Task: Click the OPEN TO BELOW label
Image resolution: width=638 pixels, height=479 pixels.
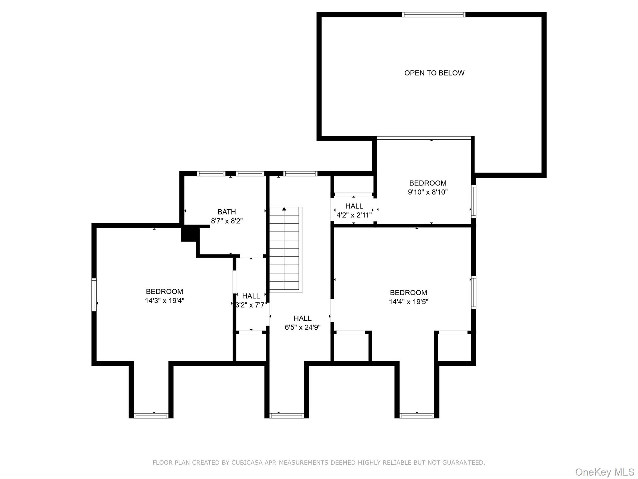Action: tap(434, 73)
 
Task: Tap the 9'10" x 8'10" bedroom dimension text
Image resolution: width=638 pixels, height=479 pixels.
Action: tap(428, 192)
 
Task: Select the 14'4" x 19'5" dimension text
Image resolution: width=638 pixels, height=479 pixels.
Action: tap(408, 302)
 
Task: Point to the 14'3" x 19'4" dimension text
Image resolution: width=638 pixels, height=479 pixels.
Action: tap(164, 301)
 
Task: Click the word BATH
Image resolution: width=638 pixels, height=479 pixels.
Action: tap(226, 212)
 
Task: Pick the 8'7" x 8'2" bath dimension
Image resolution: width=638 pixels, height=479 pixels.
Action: tap(226, 221)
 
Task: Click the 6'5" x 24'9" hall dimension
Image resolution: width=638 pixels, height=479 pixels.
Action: tap(302, 327)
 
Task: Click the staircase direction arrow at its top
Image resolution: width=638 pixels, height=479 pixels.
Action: tap(284, 209)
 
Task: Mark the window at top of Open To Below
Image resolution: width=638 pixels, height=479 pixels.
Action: tap(433, 15)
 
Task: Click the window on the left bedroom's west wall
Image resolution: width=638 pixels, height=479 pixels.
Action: tap(94, 294)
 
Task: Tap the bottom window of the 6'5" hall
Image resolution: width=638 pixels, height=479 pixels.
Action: tap(287, 415)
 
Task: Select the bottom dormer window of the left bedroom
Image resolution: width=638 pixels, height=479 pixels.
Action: tap(151, 415)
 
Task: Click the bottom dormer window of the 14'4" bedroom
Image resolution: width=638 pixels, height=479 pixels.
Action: tap(417, 415)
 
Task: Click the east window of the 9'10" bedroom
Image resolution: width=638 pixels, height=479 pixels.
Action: tap(474, 201)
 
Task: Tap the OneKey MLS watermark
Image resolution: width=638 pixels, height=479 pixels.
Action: tap(604, 472)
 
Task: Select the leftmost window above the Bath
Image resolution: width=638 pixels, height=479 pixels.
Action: tap(211, 174)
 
